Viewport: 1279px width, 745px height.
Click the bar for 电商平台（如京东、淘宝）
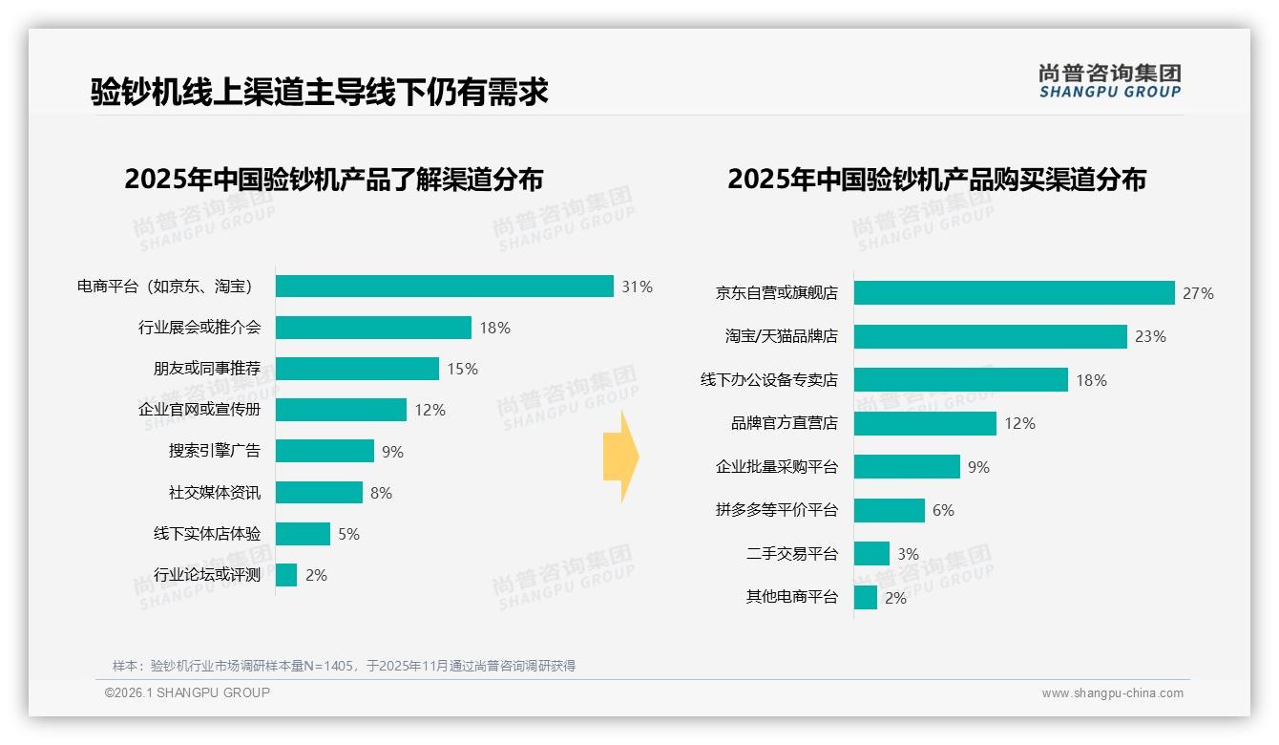coord(444,287)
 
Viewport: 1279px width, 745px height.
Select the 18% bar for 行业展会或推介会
coord(373,328)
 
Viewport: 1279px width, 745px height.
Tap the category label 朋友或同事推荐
coord(206,369)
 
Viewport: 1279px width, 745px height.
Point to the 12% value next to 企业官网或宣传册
coord(430,410)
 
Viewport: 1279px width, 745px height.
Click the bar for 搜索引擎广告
coord(325,451)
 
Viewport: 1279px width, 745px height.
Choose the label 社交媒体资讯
coord(214,493)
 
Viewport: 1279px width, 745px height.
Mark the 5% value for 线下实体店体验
coord(348,534)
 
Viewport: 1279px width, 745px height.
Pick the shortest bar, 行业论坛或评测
coord(286,575)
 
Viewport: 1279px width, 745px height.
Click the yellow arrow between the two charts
coord(620,458)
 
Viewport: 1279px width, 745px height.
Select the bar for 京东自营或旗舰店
coord(1014,293)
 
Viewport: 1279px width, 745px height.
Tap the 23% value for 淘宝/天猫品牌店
coord(1150,336)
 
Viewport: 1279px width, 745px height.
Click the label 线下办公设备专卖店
coord(768,380)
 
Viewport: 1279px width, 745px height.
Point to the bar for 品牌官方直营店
coord(925,423)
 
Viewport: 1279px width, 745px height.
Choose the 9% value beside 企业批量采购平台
coord(978,467)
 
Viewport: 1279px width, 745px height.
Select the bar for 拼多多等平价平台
coord(889,510)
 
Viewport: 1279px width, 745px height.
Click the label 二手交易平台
coord(791,554)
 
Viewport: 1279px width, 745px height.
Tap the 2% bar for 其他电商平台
coord(865,598)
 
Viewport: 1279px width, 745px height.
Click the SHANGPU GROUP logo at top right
coord(1109,81)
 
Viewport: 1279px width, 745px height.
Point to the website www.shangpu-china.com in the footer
coord(1112,693)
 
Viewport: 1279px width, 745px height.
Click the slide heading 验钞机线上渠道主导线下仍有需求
coord(319,92)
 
